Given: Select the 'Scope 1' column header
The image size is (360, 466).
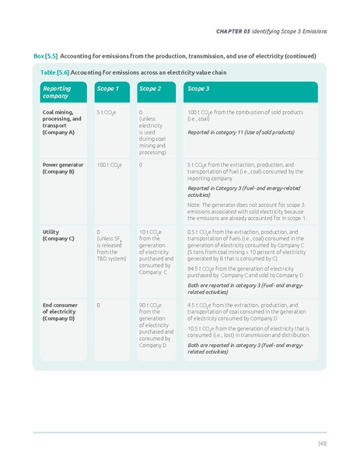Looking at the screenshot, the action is pos(107,89).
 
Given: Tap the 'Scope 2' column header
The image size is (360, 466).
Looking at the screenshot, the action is pos(150,89).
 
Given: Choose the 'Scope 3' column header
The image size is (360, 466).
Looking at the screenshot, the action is pos(199,89).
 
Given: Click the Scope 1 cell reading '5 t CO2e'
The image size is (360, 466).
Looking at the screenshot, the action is pos(107,113).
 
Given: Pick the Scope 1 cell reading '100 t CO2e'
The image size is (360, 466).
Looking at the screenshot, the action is pos(109,165).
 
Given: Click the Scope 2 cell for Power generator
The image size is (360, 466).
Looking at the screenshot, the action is pos(141,165).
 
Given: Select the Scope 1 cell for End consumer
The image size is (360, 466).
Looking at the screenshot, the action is pos(98,306).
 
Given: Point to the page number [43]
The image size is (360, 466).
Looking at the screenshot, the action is pos(322,443).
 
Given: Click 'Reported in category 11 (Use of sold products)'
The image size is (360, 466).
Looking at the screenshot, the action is pos(241,132).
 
